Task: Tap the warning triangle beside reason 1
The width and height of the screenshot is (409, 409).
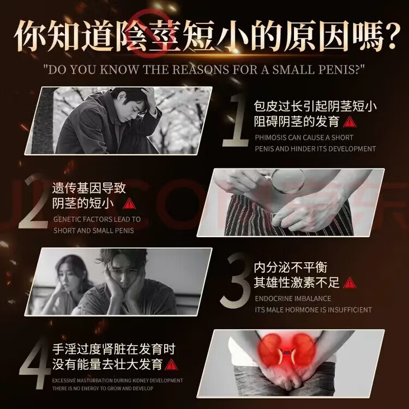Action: click(x=349, y=122)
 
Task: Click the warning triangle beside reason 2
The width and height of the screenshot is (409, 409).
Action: click(x=129, y=204)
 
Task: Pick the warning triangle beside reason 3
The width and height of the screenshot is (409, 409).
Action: click(x=350, y=282)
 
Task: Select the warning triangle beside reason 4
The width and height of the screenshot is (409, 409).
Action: click(x=171, y=364)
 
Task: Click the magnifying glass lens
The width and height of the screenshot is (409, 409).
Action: click(x=287, y=181)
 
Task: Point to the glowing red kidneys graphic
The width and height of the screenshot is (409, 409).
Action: click(x=286, y=350)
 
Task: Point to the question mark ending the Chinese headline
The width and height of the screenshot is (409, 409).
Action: click(x=391, y=37)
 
